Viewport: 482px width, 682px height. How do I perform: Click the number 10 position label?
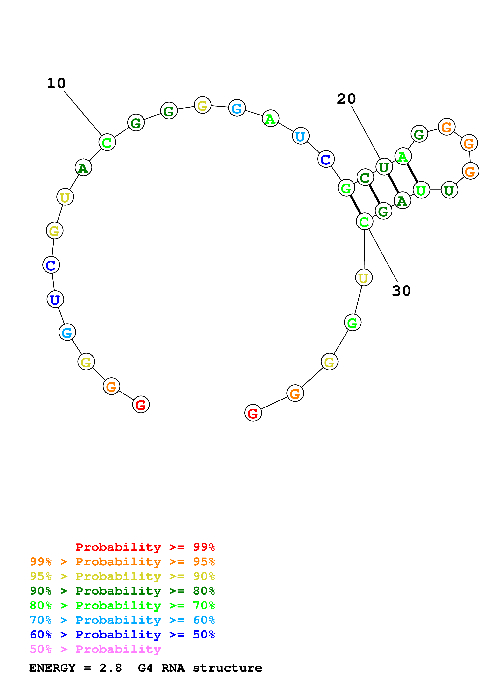point(56,83)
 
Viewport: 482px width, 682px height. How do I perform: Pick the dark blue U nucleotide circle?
point(55,299)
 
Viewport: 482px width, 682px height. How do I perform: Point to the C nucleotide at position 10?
point(107,142)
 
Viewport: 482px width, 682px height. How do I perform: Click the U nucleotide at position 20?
point(384,167)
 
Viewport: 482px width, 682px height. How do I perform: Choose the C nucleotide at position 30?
point(364,221)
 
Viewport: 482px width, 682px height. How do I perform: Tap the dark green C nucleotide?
point(365,177)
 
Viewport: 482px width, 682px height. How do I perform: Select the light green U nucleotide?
point(421,190)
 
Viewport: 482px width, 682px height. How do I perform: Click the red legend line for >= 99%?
point(145,547)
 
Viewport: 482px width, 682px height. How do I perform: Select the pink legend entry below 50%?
point(95,649)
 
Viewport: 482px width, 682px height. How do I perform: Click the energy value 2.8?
point(110,668)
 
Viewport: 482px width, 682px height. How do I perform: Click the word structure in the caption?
point(227,668)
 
